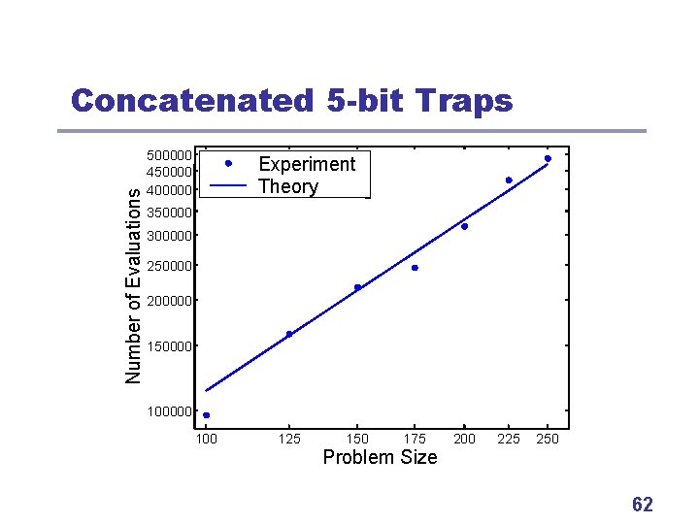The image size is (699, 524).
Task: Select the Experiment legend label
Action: (307, 164)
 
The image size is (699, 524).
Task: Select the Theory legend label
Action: (287, 186)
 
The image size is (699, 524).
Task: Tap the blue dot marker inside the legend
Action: (227, 163)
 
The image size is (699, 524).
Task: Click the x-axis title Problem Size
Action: (380, 457)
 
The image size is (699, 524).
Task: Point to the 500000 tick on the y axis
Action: (169, 155)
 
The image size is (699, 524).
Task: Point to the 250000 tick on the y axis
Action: (169, 267)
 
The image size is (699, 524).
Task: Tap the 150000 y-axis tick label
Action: (169, 346)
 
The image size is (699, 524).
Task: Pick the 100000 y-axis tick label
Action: (169, 412)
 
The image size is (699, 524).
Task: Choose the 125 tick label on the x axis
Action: (289, 440)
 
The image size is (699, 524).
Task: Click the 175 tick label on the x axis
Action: (415, 440)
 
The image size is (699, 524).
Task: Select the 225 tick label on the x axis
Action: (508, 440)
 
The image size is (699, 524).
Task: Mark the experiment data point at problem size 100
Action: (207, 415)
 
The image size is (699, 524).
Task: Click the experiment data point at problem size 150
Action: (357, 287)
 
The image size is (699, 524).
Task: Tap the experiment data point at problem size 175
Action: (415, 268)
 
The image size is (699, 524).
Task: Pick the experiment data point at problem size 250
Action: (548, 158)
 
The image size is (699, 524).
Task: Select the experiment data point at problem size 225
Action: (508, 180)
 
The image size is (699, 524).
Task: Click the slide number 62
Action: (642, 505)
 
